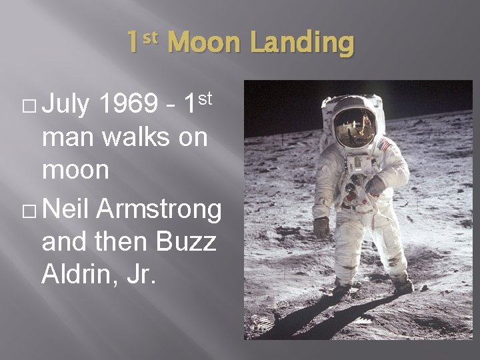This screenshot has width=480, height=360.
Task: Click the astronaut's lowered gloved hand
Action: [322, 227]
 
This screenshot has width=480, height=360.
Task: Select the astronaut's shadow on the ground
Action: [300, 320]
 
